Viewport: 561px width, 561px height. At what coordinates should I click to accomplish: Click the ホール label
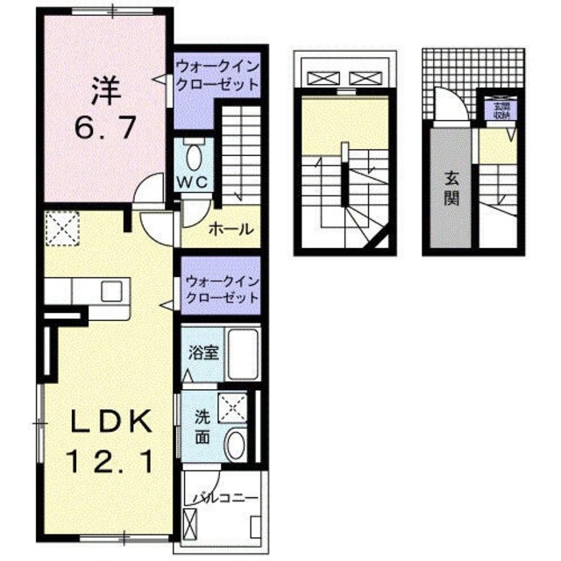tap(231, 231)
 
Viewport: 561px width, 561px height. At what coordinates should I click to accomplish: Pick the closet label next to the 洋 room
tap(217, 76)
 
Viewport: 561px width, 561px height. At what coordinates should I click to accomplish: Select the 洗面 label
tap(202, 426)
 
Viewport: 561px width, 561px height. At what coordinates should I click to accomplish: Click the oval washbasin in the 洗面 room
tap(235, 444)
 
